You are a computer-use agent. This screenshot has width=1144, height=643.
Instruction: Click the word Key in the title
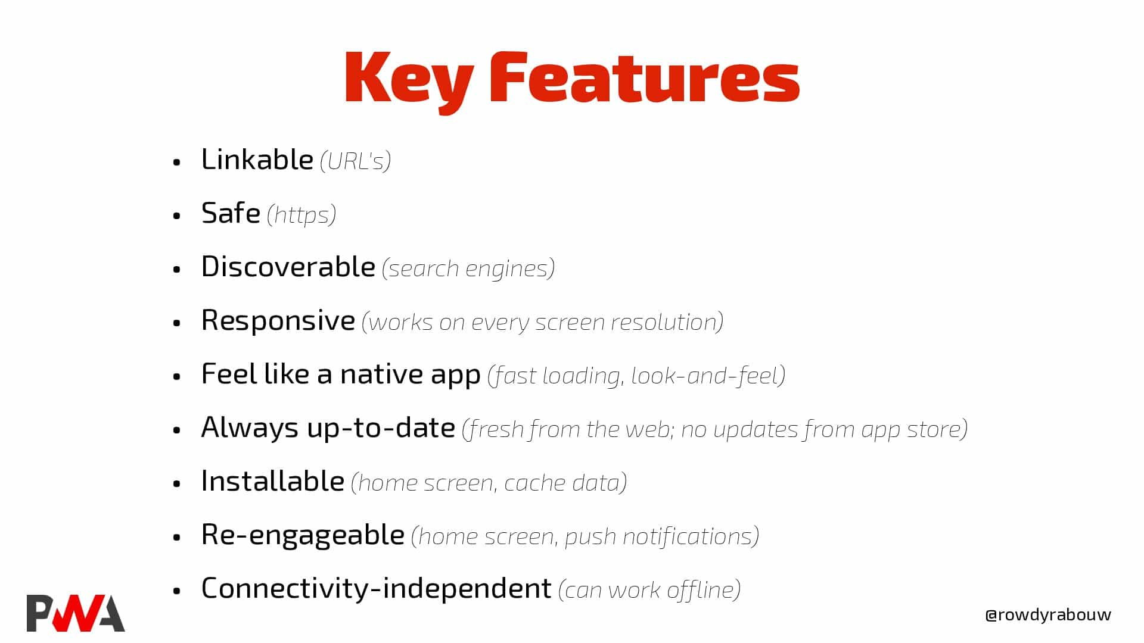tap(409, 81)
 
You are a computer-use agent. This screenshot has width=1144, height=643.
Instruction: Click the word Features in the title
tap(645, 77)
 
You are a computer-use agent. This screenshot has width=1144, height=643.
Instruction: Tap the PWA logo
tap(76, 613)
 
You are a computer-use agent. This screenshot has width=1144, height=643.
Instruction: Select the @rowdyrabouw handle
tap(1048, 615)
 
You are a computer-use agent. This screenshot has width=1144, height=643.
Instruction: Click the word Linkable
tap(257, 160)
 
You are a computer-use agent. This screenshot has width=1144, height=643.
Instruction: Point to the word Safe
tap(231, 213)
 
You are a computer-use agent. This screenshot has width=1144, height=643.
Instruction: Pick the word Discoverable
tap(288, 267)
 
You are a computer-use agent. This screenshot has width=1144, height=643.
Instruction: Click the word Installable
tap(273, 481)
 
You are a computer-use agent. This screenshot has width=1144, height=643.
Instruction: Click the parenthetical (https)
tap(301, 215)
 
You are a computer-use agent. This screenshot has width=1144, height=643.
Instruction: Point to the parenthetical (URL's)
tap(355, 161)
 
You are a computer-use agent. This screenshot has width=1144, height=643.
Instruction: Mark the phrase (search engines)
tap(468, 269)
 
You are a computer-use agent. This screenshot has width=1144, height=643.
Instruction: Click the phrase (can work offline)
tap(649, 590)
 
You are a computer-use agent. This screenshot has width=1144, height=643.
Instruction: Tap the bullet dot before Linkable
tap(176, 162)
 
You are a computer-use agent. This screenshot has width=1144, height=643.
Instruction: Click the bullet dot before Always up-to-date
tap(176, 430)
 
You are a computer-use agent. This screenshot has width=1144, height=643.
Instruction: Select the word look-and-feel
tap(705, 376)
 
